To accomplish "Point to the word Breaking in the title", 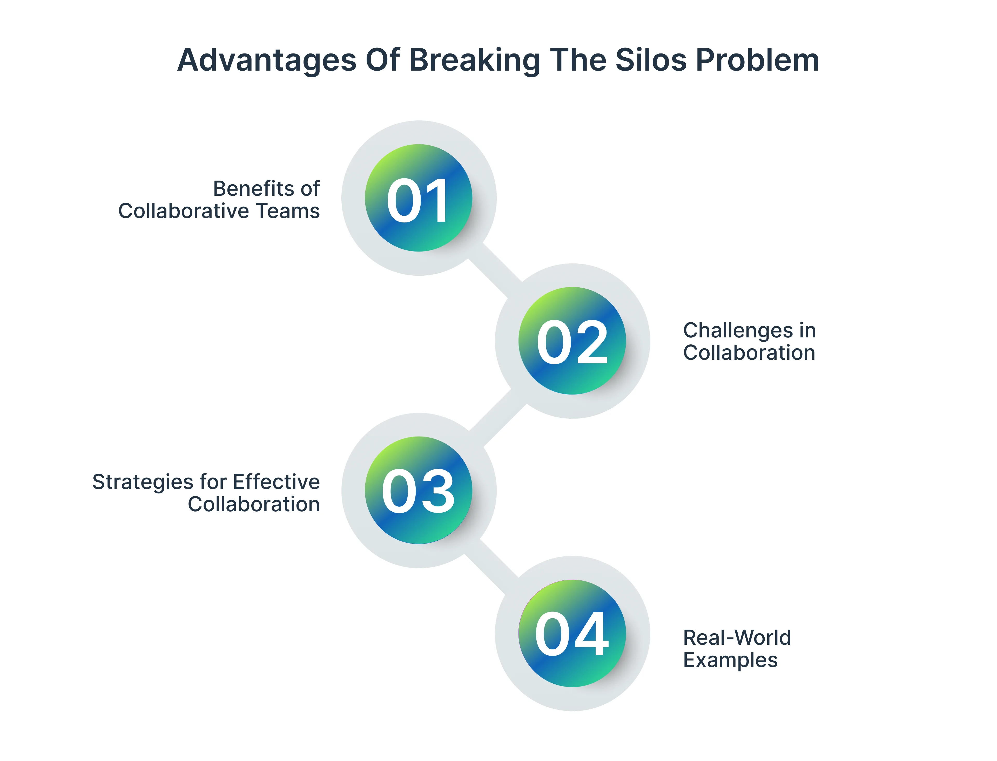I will click(474, 60).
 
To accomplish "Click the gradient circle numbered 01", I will click(418, 198).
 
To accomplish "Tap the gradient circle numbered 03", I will click(418, 490).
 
